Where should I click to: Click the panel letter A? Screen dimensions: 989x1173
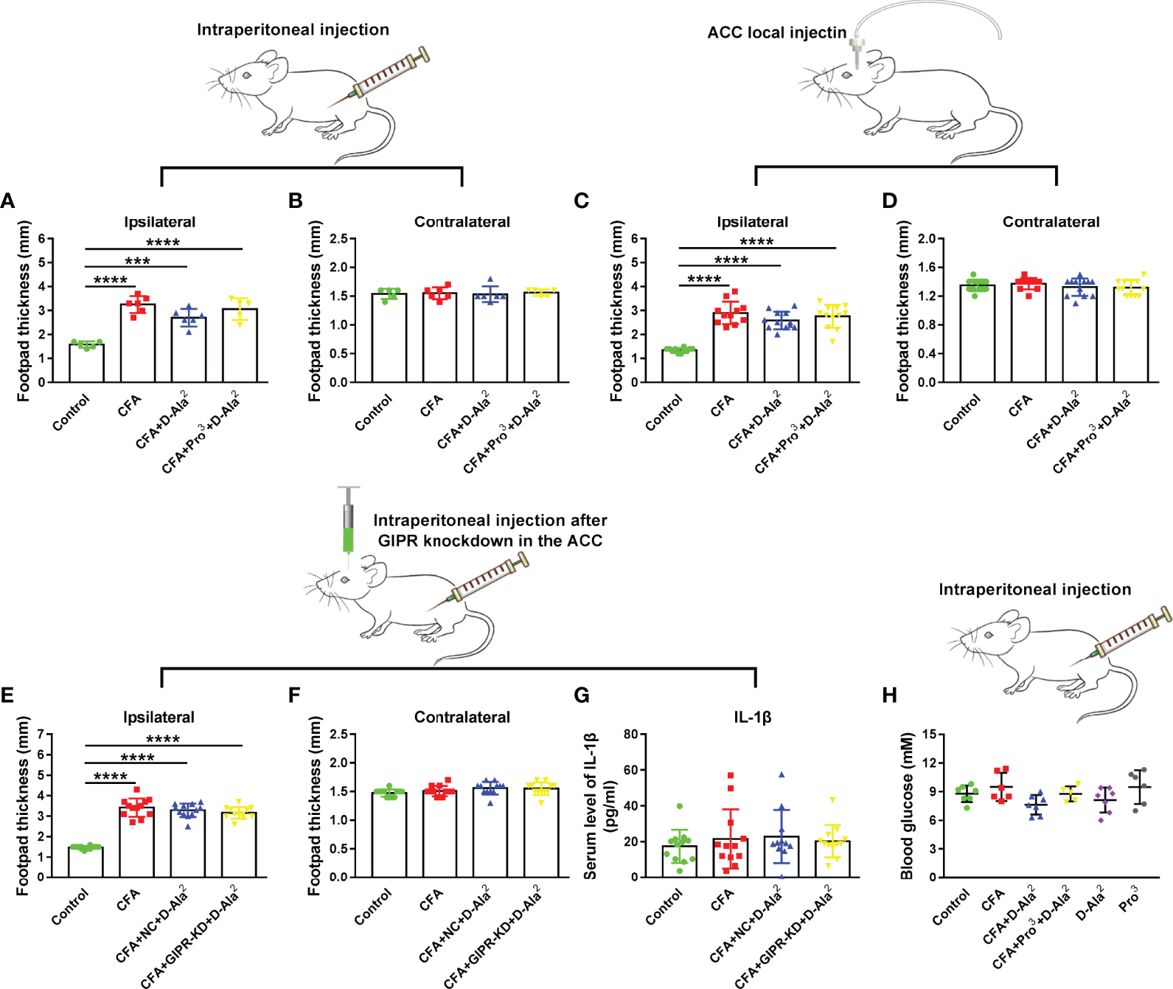pyautogui.click(x=7, y=201)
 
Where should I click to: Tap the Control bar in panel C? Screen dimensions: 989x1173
pyautogui.click(x=679, y=366)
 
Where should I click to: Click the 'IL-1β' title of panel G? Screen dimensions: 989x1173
pyautogui.click(x=752, y=717)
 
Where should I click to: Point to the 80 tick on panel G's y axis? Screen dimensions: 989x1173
pyautogui.click(x=630, y=735)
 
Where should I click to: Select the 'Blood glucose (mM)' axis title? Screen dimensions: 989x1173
pyautogui.click(x=907, y=806)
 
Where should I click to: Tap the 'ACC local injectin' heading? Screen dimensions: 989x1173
pyautogui.click(x=776, y=32)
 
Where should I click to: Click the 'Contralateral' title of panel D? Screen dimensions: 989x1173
pyautogui.click(x=1051, y=222)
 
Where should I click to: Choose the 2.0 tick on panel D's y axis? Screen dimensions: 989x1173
pyautogui.click(x=927, y=239)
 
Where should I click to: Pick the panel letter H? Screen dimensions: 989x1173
pyautogui.click(x=890, y=695)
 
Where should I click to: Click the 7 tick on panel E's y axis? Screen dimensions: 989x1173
pyautogui.click(x=41, y=735)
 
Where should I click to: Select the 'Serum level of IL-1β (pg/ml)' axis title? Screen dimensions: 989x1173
pyautogui.click(x=599, y=806)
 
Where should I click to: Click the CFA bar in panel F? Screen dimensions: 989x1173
pyautogui.click(x=439, y=833)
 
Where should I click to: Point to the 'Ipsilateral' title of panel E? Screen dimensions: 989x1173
pyautogui.click(x=159, y=717)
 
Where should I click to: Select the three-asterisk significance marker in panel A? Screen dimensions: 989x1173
pyautogui.click(x=137, y=261)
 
